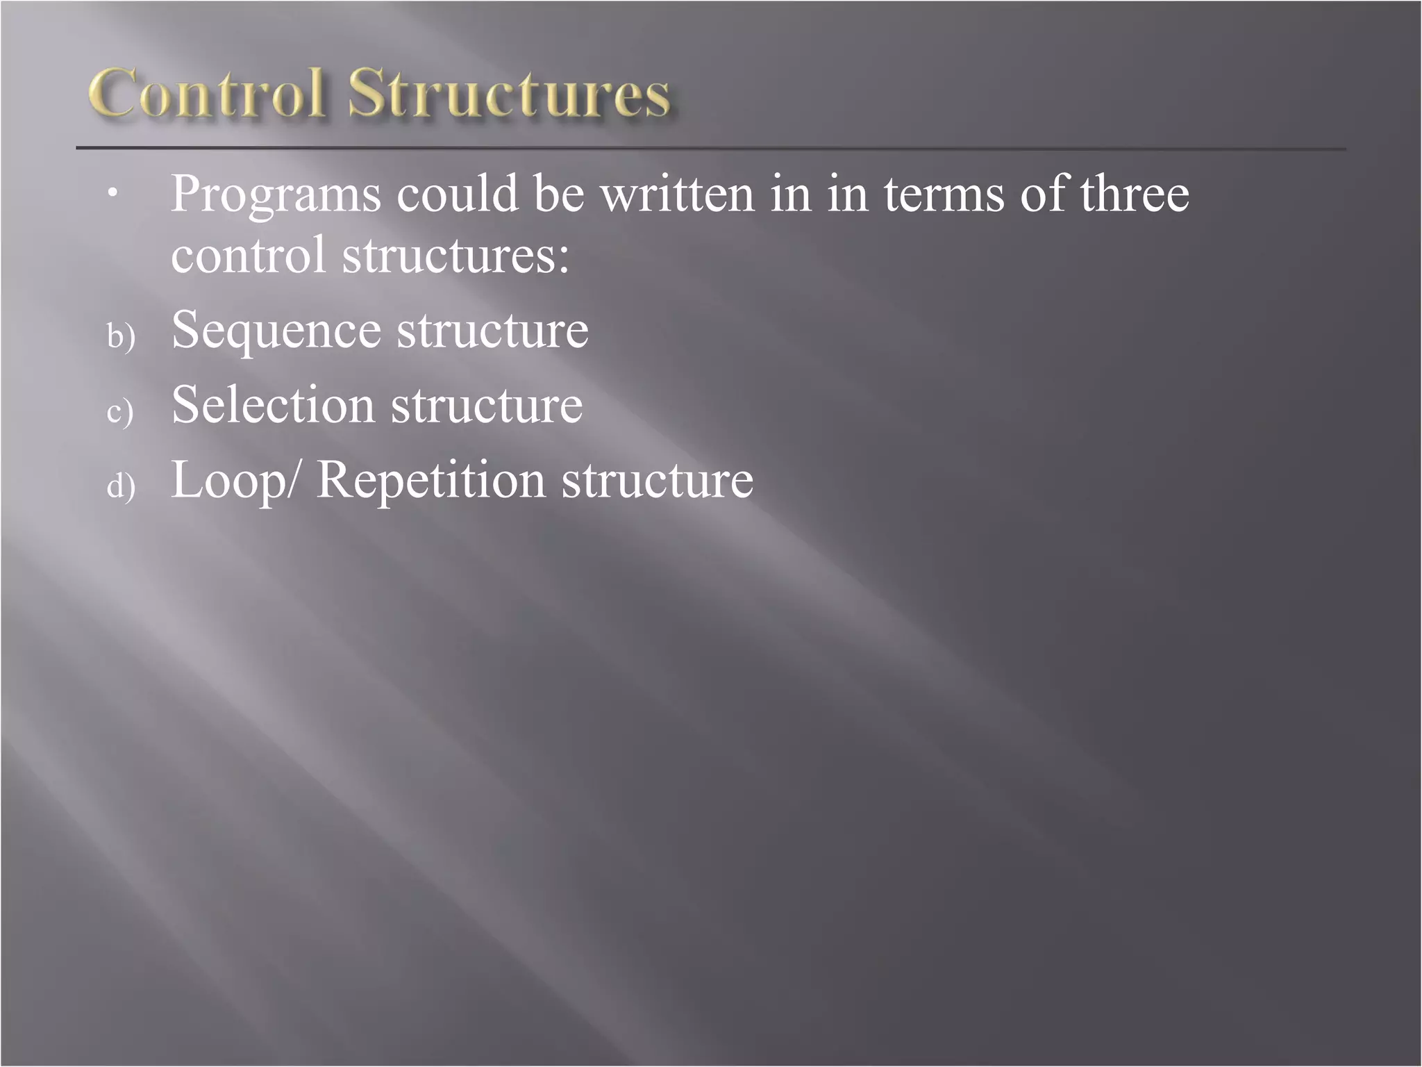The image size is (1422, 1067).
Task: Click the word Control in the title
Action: click(207, 94)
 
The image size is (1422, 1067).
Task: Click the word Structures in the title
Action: click(510, 94)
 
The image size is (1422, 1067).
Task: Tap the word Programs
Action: click(276, 195)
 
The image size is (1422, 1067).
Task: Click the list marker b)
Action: click(121, 336)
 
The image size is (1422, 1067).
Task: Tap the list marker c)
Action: click(120, 411)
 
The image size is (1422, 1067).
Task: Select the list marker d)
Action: click(121, 486)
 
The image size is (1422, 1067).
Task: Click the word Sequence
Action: click(276, 331)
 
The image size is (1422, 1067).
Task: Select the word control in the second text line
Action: click(248, 254)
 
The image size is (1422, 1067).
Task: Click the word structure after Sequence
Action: click(492, 331)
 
